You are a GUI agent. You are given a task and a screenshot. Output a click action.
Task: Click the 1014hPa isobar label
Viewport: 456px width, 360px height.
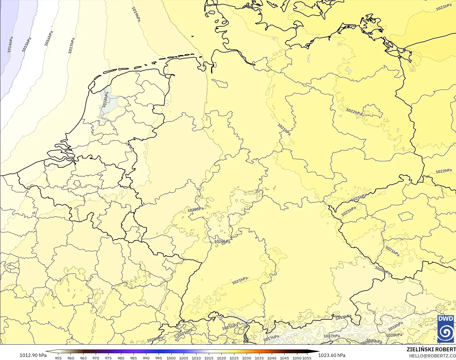pyautogui.click(x=10, y=45)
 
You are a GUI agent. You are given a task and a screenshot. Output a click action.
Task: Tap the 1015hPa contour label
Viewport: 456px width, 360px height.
pyautogui.click(x=27, y=44)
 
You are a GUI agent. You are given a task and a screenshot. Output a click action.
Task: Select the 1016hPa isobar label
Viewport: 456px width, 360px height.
pyautogui.click(x=48, y=38)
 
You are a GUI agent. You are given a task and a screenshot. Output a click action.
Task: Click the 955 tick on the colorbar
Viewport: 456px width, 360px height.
pyautogui.click(x=58, y=358)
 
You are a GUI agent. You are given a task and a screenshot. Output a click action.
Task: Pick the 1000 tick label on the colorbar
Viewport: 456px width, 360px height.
pyautogui.click(x=171, y=358)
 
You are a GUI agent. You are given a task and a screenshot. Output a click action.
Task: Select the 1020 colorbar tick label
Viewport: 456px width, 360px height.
pyautogui.click(x=221, y=358)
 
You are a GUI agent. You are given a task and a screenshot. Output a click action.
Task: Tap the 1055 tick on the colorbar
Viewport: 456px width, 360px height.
pyautogui.click(x=307, y=358)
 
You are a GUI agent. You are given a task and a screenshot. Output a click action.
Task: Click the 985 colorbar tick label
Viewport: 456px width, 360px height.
pyautogui.click(x=134, y=358)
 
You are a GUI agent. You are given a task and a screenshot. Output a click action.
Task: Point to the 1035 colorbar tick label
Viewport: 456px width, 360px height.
pyautogui.click(x=259, y=358)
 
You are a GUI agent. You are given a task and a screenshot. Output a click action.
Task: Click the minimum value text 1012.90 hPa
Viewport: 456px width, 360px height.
pyautogui.click(x=33, y=355)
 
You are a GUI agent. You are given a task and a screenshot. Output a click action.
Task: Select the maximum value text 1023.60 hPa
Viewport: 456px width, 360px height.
pyautogui.click(x=332, y=355)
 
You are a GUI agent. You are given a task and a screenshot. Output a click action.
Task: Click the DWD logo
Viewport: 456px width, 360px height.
pyautogui.click(x=445, y=329)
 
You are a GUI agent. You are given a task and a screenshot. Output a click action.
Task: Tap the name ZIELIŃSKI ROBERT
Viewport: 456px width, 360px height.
pyautogui.click(x=431, y=350)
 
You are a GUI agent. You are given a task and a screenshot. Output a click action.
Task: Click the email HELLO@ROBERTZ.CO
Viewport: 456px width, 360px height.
pyautogui.click(x=432, y=356)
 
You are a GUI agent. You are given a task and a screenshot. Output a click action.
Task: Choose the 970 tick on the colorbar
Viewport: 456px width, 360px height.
pyautogui.click(x=96, y=358)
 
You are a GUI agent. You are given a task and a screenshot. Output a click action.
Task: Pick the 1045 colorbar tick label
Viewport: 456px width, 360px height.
pyautogui.click(x=284, y=358)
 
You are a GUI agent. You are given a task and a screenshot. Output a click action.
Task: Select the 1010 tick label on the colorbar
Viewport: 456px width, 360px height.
pyautogui.click(x=196, y=358)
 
